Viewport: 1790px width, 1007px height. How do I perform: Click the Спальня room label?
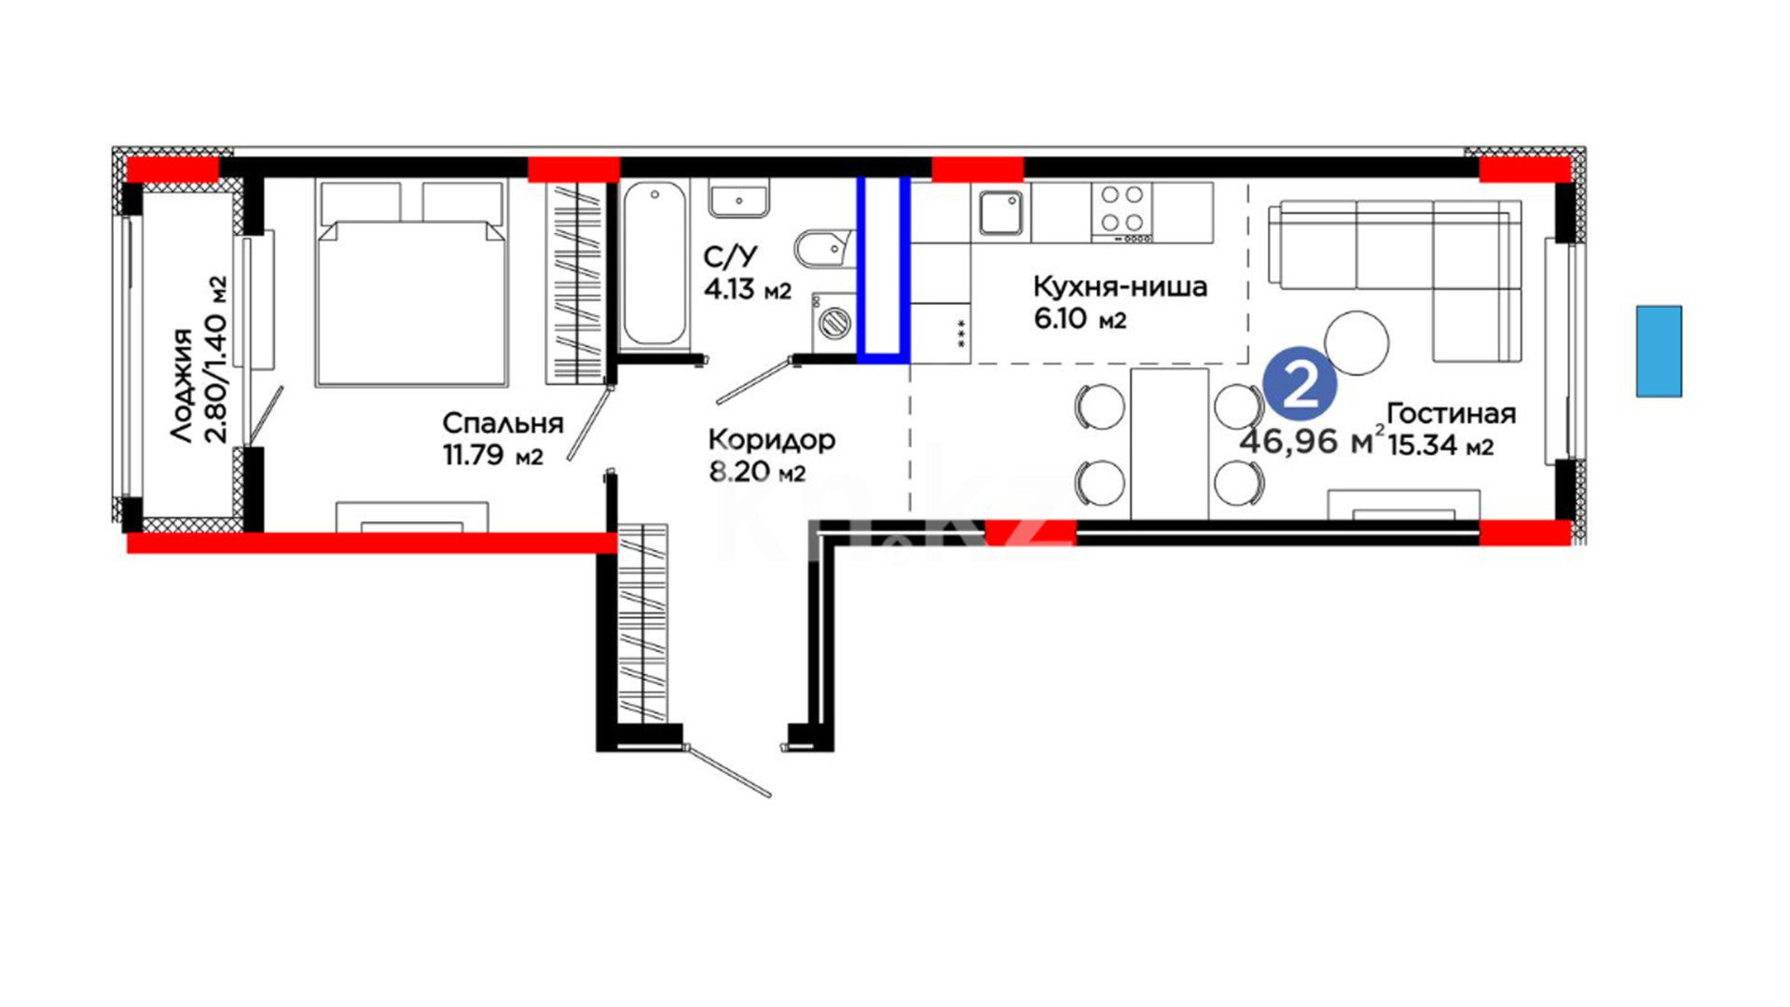point(503,423)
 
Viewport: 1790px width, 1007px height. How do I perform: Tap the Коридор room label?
point(771,439)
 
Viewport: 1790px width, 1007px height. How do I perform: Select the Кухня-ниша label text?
point(1120,286)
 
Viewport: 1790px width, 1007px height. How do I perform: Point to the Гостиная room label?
point(1452,413)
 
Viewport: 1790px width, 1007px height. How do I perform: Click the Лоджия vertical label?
point(183,384)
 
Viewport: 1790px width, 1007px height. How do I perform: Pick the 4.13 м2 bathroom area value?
point(748,290)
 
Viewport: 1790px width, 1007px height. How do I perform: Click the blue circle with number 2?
point(1301,385)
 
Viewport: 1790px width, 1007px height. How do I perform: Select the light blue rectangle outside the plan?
point(1659,352)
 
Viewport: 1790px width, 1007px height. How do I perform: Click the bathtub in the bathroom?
point(654,266)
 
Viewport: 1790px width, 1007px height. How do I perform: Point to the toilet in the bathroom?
point(825,249)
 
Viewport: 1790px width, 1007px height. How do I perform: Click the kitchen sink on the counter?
point(1001,213)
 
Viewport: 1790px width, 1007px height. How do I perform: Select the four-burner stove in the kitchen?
point(1122,211)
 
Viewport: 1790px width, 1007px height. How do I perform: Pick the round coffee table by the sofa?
point(1356,342)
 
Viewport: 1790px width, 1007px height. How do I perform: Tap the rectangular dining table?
point(1170,443)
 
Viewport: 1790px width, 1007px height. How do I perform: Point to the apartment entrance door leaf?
point(728,770)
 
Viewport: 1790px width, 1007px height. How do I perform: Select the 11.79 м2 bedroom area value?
point(493,455)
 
